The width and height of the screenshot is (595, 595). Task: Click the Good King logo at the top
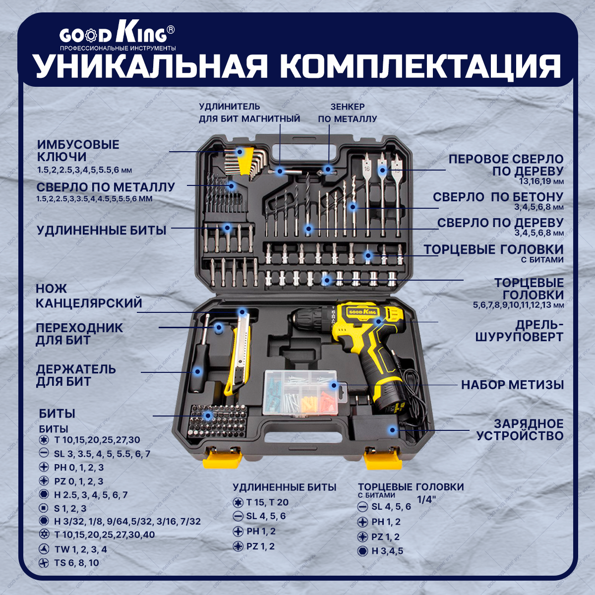click(117, 35)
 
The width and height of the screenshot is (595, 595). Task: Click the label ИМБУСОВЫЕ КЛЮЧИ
click(78, 151)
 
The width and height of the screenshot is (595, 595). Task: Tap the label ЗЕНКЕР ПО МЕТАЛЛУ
click(348, 113)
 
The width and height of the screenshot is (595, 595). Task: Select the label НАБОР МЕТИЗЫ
click(512, 385)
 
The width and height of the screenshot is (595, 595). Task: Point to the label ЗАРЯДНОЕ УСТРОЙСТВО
click(520, 430)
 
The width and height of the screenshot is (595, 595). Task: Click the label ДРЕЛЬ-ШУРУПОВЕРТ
click(519, 331)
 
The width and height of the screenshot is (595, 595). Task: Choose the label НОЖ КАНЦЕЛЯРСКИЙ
click(89, 296)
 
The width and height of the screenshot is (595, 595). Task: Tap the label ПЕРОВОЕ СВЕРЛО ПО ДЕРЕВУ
click(506, 165)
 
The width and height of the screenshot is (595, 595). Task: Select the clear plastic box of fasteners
click(301, 392)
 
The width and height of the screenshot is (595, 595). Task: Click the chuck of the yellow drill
click(307, 317)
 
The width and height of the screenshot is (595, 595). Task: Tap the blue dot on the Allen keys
click(240, 151)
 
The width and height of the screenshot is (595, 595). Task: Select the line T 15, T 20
click(267, 502)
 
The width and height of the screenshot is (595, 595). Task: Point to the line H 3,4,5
click(387, 551)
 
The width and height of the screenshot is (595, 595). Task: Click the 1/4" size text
click(425, 500)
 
